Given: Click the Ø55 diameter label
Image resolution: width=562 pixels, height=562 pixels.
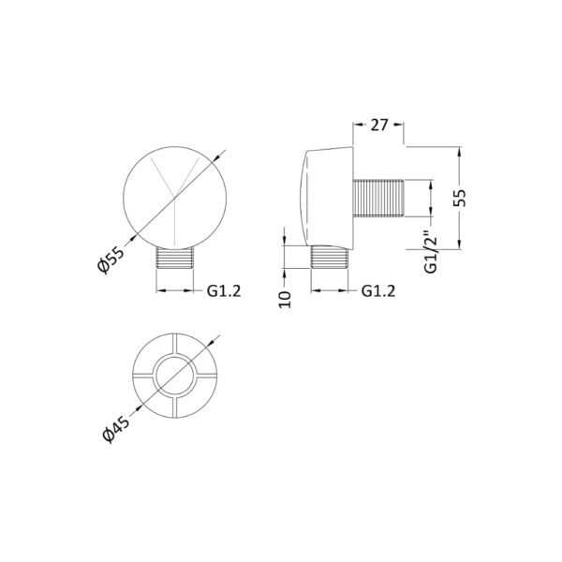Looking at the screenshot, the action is point(111,259).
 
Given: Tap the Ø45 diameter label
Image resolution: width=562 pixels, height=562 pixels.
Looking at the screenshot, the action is point(115,430).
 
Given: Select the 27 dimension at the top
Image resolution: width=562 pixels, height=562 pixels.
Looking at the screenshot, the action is point(379,126).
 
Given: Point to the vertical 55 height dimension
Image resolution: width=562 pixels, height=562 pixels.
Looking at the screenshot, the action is point(460,198).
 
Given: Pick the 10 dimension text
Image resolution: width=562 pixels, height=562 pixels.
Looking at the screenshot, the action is point(286,300).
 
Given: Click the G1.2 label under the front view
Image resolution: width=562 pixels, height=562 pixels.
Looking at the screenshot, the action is point(224,291).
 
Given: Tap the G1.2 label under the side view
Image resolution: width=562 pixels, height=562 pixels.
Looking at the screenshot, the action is point(378,291).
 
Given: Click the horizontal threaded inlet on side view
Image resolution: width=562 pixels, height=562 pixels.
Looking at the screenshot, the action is point(378,198).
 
